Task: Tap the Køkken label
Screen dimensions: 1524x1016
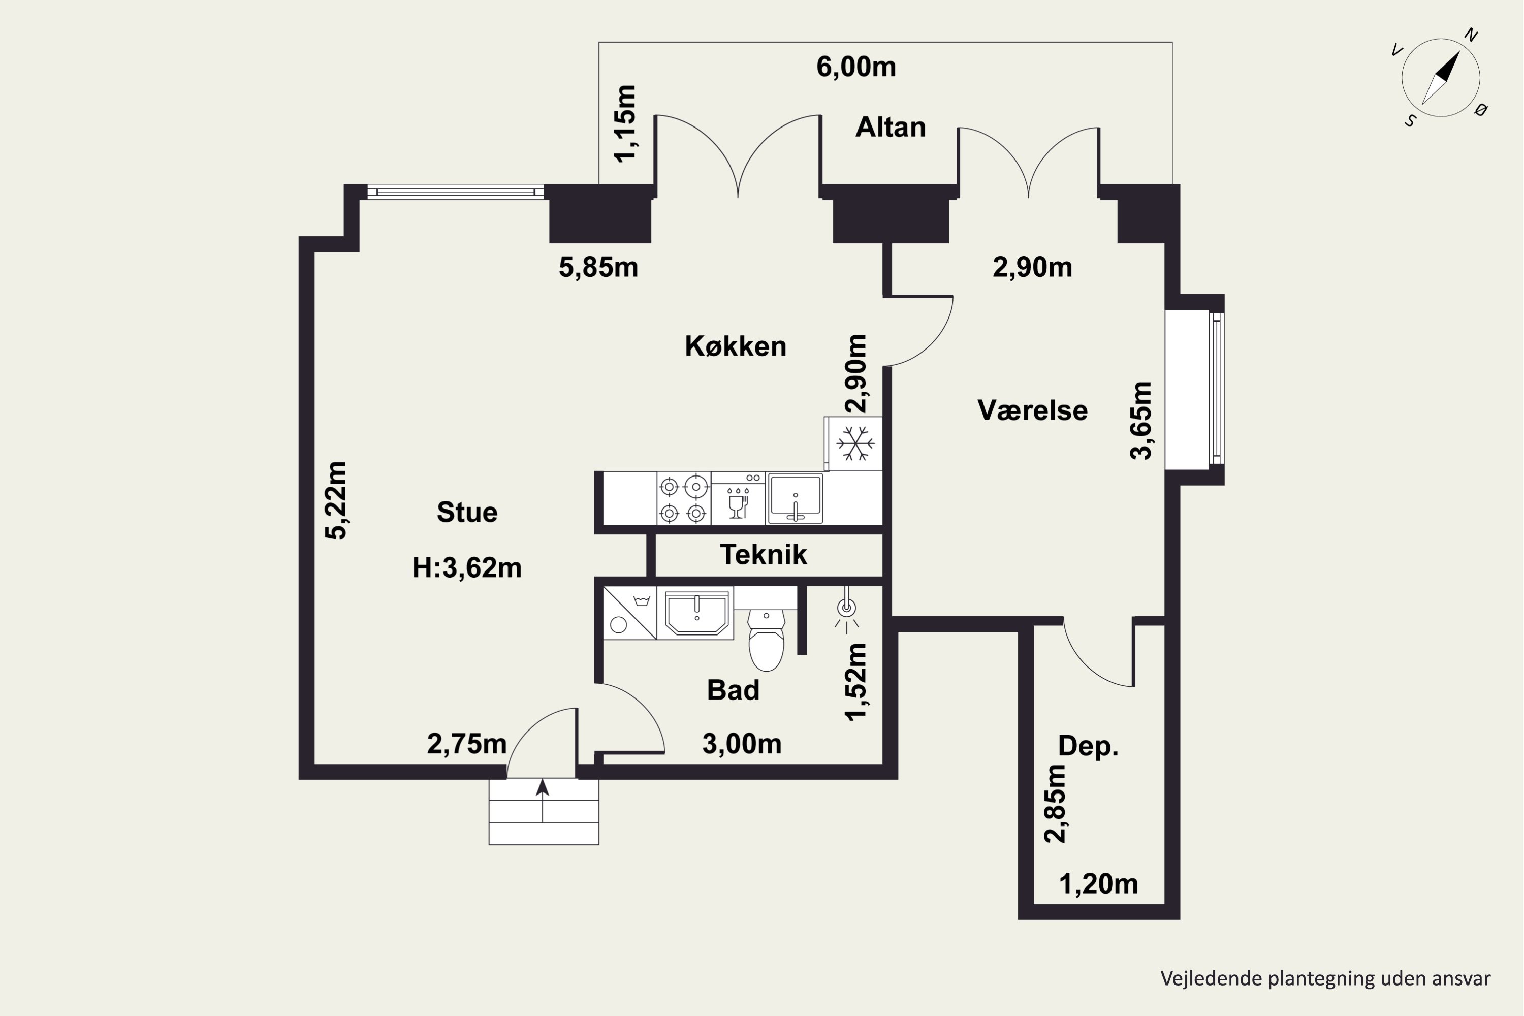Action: (x=736, y=346)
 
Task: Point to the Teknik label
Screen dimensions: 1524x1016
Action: (x=764, y=555)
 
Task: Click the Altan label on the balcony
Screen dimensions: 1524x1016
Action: (x=891, y=128)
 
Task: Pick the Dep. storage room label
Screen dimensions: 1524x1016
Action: (x=1088, y=746)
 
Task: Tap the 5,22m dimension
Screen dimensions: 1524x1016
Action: (x=336, y=500)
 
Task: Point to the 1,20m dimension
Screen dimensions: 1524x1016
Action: (x=1098, y=884)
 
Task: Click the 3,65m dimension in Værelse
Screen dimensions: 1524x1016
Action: (x=1141, y=421)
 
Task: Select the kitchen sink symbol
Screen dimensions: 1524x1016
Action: (x=795, y=498)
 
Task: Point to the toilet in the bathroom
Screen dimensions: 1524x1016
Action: (x=766, y=640)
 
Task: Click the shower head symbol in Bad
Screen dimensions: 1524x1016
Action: (x=846, y=610)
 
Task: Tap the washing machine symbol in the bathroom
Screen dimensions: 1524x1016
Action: (x=629, y=613)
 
